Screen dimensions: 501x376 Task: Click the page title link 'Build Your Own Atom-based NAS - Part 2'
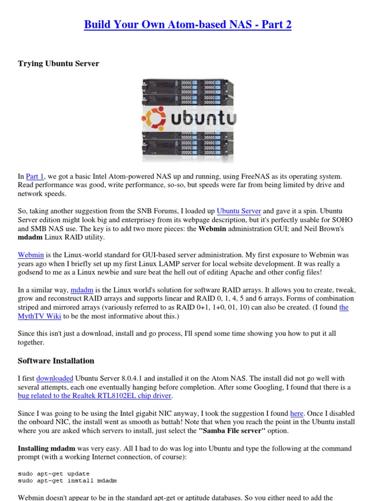[188, 24]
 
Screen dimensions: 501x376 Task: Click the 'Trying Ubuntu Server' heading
[58, 64]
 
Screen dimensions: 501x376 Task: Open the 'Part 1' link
[35, 176]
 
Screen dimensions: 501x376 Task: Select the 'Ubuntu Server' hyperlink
[238, 211]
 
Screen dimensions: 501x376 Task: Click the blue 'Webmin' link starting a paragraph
[31, 255]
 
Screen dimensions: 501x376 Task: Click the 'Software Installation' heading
[56, 361]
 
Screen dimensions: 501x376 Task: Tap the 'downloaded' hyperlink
[55, 378]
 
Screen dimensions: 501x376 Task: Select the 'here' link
[297, 413]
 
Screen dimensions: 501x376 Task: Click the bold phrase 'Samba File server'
[235, 431]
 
